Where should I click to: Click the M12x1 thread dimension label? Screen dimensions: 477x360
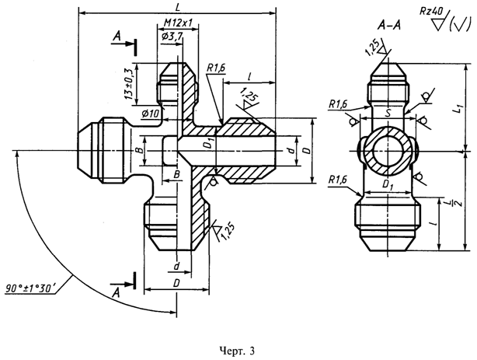coord(178,23)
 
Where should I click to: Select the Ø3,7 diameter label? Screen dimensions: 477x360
coord(172,37)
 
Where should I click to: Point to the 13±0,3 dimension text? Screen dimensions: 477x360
coord(129,84)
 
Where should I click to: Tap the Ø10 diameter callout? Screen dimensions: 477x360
coord(150,114)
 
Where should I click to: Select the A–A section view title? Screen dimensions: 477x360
coord(388,26)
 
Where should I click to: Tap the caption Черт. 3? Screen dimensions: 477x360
coord(237,351)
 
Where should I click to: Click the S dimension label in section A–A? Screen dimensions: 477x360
coord(388,114)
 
